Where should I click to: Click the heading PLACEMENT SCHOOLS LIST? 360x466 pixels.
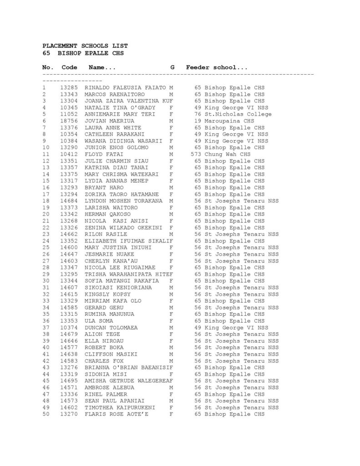click(85, 46)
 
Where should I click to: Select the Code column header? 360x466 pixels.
click(69, 67)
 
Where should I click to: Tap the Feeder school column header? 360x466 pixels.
click(217, 67)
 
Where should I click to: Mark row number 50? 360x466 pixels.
click(46, 414)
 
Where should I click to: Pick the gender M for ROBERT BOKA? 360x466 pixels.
click(171, 348)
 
